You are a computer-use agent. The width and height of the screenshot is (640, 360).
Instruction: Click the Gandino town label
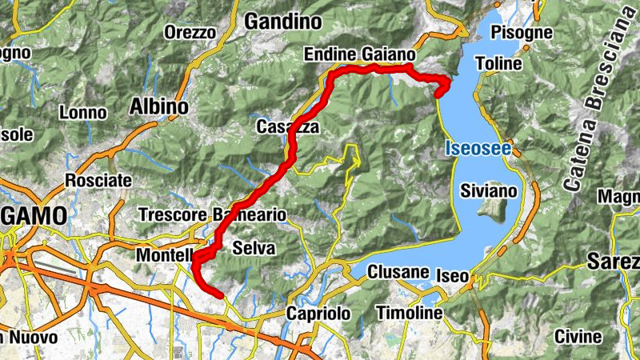282,21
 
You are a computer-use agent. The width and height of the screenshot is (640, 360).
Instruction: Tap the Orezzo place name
190,33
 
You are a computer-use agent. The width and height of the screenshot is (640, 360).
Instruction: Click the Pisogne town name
522,33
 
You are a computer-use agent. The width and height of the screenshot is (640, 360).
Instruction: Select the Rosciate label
98,180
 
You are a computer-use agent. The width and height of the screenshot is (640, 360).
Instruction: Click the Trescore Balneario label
212,214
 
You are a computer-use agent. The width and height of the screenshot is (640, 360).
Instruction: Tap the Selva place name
254,249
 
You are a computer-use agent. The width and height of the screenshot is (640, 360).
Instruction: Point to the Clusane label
398,273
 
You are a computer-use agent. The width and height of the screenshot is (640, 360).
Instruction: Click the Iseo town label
453,275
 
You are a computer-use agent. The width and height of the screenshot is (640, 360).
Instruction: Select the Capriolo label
319,314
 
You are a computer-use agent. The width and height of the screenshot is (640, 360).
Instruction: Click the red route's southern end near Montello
219,294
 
